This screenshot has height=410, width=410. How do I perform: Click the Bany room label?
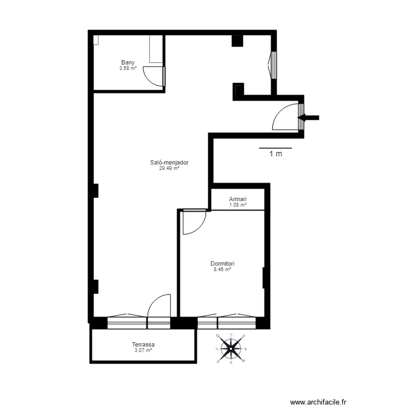click(128, 63)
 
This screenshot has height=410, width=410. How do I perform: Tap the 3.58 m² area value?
click(128, 68)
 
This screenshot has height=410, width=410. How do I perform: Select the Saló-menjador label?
click(169, 162)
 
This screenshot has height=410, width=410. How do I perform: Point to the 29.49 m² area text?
click(169, 168)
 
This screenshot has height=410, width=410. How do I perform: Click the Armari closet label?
click(238, 200)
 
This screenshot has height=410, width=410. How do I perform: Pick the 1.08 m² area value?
click(238, 205)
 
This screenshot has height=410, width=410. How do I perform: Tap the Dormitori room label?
click(222, 263)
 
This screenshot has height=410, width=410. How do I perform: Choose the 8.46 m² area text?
click(222, 269)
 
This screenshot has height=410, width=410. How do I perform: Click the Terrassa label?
click(143, 344)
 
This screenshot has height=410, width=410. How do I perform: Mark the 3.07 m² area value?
click(143, 350)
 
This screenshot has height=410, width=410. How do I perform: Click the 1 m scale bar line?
click(275, 148)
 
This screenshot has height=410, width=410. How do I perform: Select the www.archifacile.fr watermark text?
click(319, 402)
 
